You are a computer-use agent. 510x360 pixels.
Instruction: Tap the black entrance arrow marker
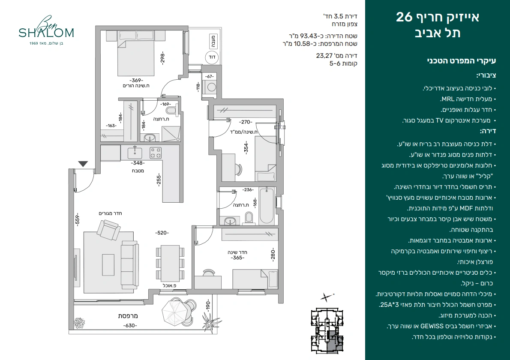pyautogui.click(x=83, y=164)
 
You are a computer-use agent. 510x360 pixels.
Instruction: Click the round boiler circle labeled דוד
pyautogui.click(x=212, y=57)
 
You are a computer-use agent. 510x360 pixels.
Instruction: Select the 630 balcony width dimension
pyautogui.click(x=130, y=326)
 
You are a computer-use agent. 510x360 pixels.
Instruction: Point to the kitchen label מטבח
pyautogui.click(x=138, y=171)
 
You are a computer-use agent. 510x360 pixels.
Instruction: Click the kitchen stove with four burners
pyautogui.click(x=156, y=153)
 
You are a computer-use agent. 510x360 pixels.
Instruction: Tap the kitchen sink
pyautogui.click(x=135, y=152)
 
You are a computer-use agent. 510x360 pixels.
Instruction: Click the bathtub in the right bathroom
pyautogui.click(x=267, y=205)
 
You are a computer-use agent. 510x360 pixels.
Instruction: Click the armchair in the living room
pyautogui.click(x=108, y=230)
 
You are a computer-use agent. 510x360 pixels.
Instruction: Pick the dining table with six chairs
pyautogui.click(x=170, y=264)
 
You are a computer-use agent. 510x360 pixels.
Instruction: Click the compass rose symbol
pyautogui.click(x=326, y=297)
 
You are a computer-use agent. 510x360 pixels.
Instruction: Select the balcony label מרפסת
pyautogui.click(x=128, y=316)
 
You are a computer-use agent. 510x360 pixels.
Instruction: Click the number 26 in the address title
pyautogui.click(x=404, y=17)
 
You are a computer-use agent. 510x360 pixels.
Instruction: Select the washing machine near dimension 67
pyautogui.click(x=212, y=87)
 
